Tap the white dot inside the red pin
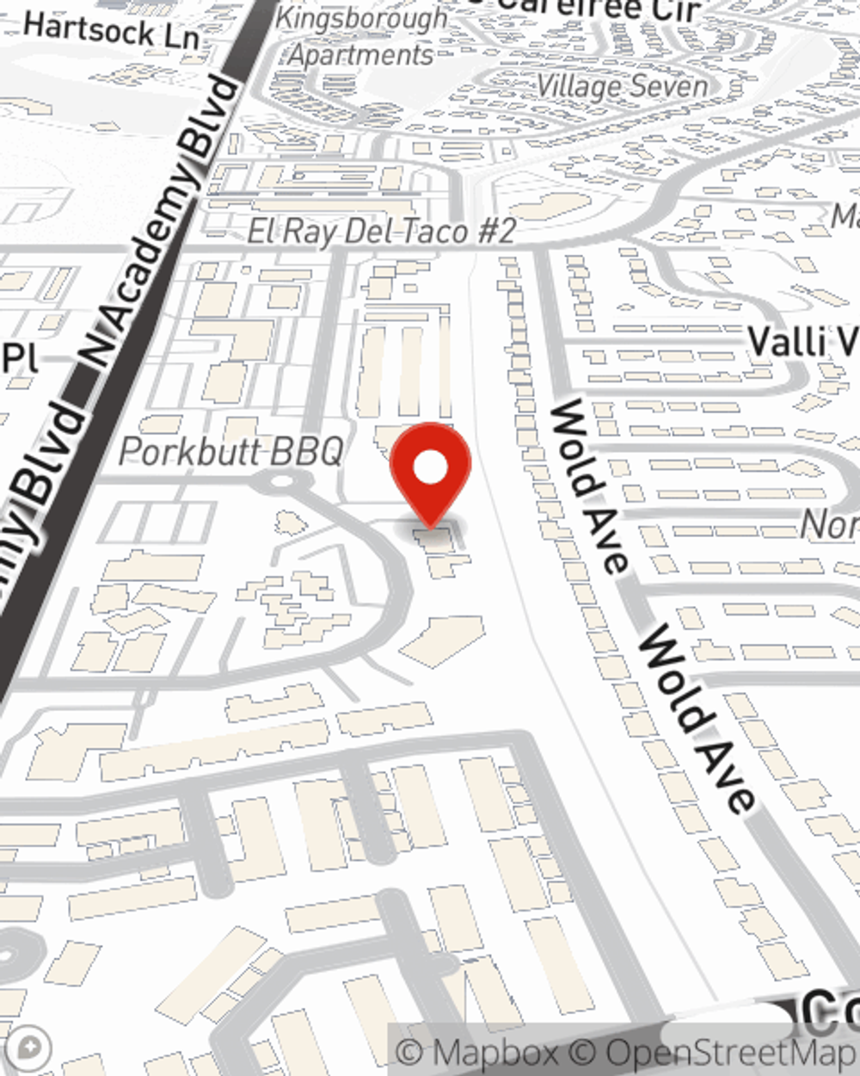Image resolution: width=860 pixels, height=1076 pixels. pos(430,469)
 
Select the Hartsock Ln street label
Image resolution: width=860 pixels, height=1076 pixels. pos(112,32)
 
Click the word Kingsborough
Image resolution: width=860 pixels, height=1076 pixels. pos(361,19)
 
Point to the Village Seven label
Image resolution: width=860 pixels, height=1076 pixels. pos(622,85)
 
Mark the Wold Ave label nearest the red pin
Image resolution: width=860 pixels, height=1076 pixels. pos(589,486)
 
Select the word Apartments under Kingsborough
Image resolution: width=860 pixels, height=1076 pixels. pos(361,55)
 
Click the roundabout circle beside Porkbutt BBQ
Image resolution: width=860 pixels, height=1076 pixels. pos(277,482)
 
